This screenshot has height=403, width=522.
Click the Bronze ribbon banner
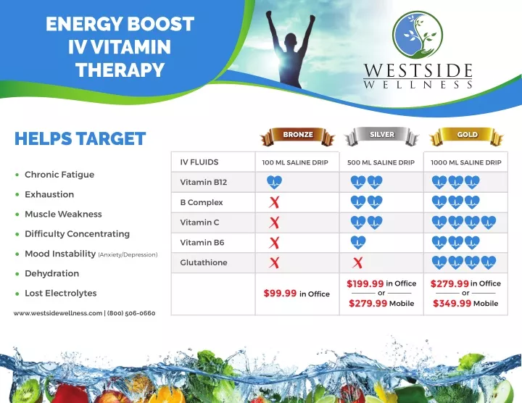point(298,136)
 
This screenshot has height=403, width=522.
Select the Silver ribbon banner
point(381,136)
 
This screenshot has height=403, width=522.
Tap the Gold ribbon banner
point(466,136)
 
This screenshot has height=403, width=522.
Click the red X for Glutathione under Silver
point(358,262)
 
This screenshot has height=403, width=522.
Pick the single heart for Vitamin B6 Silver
point(358,243)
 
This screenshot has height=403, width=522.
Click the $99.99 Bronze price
point(280,293)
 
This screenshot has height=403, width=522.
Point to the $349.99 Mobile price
point(465,303)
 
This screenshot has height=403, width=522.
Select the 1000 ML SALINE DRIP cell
point(465,162)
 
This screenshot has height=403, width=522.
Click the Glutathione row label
point(204,262)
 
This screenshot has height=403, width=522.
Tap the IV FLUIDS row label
point(199,162)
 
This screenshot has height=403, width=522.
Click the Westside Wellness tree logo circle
point(418,35)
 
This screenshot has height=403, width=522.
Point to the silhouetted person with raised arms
point(291,49)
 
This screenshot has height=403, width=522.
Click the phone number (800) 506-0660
point(131,313)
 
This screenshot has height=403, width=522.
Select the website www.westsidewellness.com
point(58,313)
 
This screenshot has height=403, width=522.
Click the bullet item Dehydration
point(52,273)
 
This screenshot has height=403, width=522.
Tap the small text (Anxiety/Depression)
point(128,255)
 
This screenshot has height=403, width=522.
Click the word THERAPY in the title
point(120,70)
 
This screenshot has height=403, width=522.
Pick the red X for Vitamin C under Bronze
point(274,223)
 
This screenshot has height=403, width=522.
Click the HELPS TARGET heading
point(80,138)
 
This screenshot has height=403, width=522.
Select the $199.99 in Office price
point(381,283)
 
